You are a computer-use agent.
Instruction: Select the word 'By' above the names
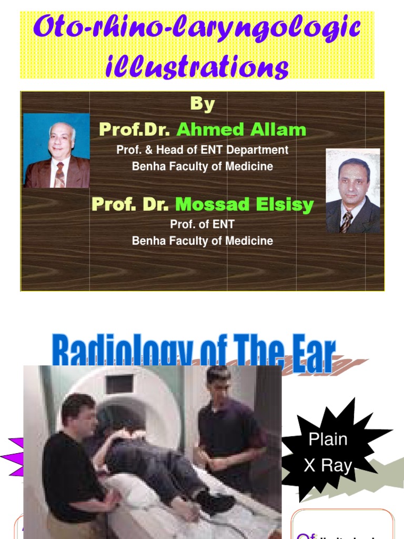(202, 104)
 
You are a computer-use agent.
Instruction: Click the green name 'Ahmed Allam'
(241, 129)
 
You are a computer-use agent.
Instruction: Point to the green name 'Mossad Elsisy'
(244, 205)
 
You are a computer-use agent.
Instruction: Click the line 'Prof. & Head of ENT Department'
(202, 150)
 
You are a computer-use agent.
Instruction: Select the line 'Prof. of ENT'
(202, 224)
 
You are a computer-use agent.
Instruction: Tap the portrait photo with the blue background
(56, 151)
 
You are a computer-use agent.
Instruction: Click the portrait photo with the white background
(352, 191)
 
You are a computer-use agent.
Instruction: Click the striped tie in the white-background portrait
(346, 222)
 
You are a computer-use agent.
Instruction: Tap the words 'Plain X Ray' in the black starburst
(328, 452)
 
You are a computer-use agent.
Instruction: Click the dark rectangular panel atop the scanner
(120, 384)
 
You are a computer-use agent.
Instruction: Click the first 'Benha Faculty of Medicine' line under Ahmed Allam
(202, 166)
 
